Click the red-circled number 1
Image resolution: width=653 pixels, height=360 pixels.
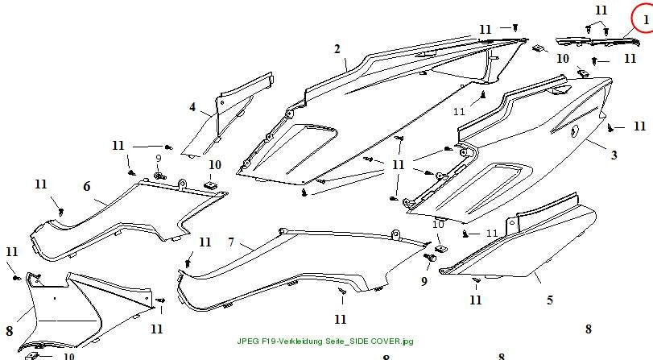[646, 20]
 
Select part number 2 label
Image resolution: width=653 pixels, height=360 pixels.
[337, 49]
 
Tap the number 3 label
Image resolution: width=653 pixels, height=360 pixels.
[614, 155]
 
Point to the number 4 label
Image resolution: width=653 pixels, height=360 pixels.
[192, 107]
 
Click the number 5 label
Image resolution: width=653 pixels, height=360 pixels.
[550, 300]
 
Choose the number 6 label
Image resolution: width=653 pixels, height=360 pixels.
[87, 186]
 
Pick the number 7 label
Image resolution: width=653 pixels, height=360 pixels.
[232, 242]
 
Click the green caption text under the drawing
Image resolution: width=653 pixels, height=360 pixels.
[325, 341]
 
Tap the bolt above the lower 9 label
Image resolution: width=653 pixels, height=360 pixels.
[429, 259]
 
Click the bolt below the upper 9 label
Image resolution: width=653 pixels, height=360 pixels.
[159, 176]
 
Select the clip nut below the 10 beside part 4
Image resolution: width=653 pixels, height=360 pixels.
[211, 184]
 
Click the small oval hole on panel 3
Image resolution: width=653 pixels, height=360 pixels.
[575, 131]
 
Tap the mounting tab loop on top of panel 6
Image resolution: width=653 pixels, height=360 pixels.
[182, 183]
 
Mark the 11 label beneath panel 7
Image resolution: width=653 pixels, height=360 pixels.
[341, 320]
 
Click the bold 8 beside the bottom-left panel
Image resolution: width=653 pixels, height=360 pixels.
[9, 331]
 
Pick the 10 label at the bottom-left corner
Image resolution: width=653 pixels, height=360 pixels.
[68, 356]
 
